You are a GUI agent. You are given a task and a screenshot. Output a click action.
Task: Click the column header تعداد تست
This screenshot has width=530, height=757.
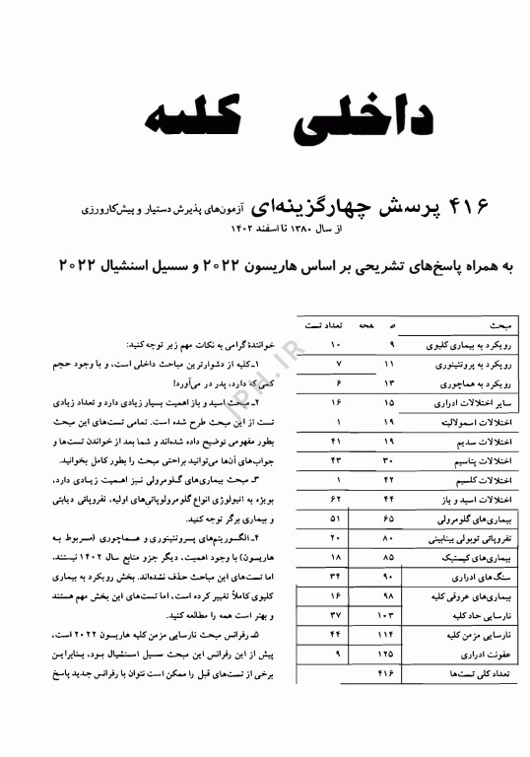tap(326, 324)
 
